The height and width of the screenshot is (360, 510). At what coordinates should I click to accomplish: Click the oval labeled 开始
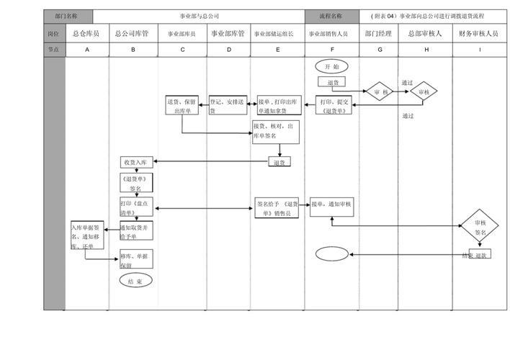[331, 66]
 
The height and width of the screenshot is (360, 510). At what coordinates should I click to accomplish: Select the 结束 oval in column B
[135, 281]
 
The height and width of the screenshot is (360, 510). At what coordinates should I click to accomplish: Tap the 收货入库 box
[135, 162]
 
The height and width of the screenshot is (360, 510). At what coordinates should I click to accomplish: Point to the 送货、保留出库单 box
[182, 106]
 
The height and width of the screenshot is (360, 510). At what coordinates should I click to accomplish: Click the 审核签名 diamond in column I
[480, 228]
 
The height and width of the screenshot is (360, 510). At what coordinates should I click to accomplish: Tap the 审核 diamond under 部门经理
[380, 92]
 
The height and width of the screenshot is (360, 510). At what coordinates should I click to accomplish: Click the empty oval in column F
[331, 253]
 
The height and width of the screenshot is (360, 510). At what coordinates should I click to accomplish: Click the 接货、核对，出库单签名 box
[274, 131]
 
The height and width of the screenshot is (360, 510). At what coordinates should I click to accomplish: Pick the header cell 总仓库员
[86, 34]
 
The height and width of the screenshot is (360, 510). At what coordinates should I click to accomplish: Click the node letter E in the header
[278, 50]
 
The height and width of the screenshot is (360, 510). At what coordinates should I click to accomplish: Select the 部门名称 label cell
[67, 16]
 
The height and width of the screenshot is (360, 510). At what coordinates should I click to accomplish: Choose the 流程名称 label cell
[331, 16]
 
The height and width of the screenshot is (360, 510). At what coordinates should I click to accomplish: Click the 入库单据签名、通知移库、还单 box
[87, 236]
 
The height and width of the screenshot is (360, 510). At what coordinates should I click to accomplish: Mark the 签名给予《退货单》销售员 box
[277, 208]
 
